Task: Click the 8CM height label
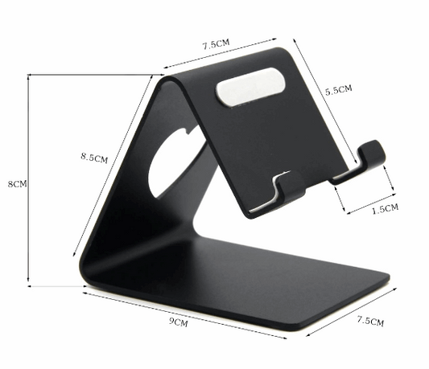(16, 183)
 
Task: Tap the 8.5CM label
(94, 158)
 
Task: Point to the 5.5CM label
(338, 91)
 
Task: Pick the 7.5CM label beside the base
(370, 321)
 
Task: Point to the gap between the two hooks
(317, 181)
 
